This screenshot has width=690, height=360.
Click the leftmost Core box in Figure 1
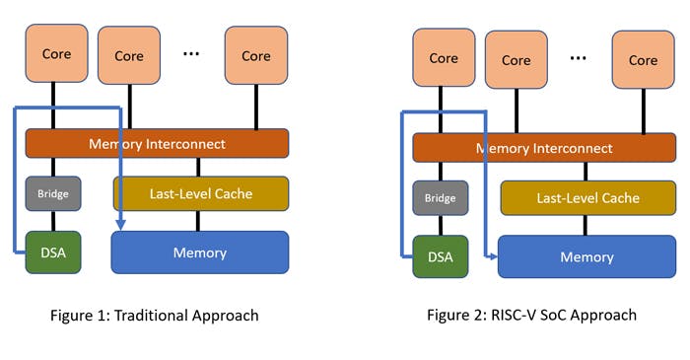coord(56,53)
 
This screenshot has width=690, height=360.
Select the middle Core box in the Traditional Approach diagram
coord(129,56)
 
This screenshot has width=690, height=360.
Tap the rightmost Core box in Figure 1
coord(255,56)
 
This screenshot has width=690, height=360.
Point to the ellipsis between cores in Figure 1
coord(191,53)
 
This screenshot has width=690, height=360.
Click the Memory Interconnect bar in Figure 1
coord(157,144)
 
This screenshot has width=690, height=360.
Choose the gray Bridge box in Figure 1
coord(53,193)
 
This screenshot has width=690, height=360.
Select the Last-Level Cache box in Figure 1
coord(201,194)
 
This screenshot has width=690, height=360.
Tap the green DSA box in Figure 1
coord(53,252)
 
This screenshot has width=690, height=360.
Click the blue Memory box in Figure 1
coord(201,252)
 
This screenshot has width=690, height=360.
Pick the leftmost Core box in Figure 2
coord(444,58)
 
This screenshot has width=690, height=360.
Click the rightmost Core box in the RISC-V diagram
coord(643,60)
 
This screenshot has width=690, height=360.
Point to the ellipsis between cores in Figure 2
coord(579,58)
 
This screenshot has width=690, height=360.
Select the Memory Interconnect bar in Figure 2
coord(544,148)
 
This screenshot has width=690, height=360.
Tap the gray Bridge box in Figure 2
coord(441,198)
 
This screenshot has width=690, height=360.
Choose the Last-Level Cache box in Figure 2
coord(587,198)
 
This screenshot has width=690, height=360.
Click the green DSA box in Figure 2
coord(441,256)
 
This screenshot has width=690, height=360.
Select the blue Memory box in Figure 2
coord(587,256)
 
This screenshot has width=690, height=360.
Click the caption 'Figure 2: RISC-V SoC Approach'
coord(531,316)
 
